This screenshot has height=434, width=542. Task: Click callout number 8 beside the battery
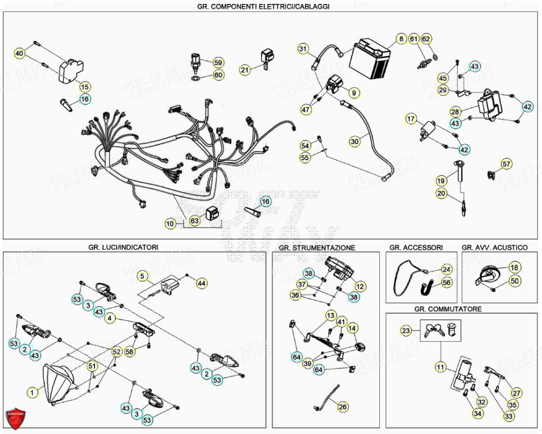tap(401, 39)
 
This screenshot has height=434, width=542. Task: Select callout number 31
tap(303, 49)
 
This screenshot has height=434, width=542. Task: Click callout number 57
tap(507, 164)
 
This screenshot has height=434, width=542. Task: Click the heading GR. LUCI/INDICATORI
tap(123, 247)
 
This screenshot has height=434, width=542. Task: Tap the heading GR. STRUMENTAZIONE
tap(317, 248)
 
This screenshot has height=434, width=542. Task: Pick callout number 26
tap(343, 406)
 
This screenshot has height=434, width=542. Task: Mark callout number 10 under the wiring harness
tap(171, 223)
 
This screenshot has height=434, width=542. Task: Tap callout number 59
tap(218, 62)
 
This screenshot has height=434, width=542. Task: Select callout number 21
tap(245, 70)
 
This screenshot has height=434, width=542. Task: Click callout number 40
tap(20, 53)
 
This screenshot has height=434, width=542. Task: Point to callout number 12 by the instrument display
tap(360, 287)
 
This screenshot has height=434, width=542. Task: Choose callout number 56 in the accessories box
tap(446, 283)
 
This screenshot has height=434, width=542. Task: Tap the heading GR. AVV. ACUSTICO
tap(495, 247)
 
